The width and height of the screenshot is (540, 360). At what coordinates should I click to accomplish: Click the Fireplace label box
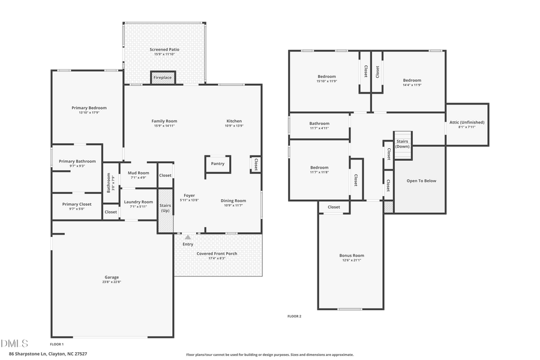(x=162, y=78)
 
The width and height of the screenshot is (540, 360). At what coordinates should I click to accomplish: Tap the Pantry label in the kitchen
(x=217, y=163)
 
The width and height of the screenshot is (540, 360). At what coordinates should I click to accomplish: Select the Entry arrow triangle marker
(x=187, y=237)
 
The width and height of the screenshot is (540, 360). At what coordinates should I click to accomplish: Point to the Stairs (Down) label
(x=403, y=143)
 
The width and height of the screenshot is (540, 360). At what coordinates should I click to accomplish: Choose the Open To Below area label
(x=421, y=181)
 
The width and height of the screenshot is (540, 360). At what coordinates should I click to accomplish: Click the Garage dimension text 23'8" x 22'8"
(x=112, y=282)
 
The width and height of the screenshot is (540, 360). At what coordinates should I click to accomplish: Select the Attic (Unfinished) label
(x=466, y=122)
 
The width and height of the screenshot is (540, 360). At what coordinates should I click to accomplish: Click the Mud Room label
(x=138, y=173)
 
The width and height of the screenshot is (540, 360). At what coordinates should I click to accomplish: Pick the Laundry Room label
(x=138, y=202)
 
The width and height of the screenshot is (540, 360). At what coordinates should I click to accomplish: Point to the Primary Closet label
(x=77, y=204)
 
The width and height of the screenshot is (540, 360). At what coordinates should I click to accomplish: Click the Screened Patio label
(x=164, y=49)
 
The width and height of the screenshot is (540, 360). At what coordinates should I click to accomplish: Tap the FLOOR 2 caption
(x=294, y=316)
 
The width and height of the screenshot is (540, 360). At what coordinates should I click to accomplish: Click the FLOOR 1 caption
(x=56, y=344)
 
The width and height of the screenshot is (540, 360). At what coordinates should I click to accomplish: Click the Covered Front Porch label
(x=217, y=253)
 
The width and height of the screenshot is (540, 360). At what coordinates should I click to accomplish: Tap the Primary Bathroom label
(x=77, y=161)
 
